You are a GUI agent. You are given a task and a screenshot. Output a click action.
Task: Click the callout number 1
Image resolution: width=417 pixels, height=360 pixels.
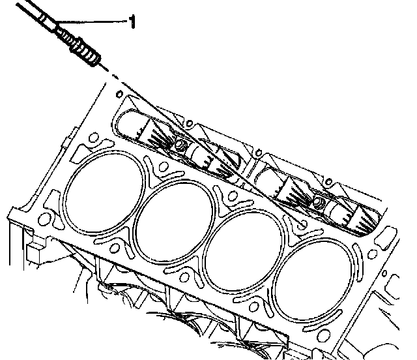[132, 22]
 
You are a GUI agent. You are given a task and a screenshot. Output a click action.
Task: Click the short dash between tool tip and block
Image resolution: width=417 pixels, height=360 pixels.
[115, 77]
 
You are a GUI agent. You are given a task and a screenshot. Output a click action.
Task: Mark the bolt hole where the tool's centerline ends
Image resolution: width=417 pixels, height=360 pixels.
[302, 223]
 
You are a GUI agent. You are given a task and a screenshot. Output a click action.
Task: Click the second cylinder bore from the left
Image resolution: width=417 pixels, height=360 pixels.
[174, 222]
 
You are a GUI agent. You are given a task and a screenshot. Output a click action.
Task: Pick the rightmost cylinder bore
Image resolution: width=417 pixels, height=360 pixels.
[315, 280]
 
